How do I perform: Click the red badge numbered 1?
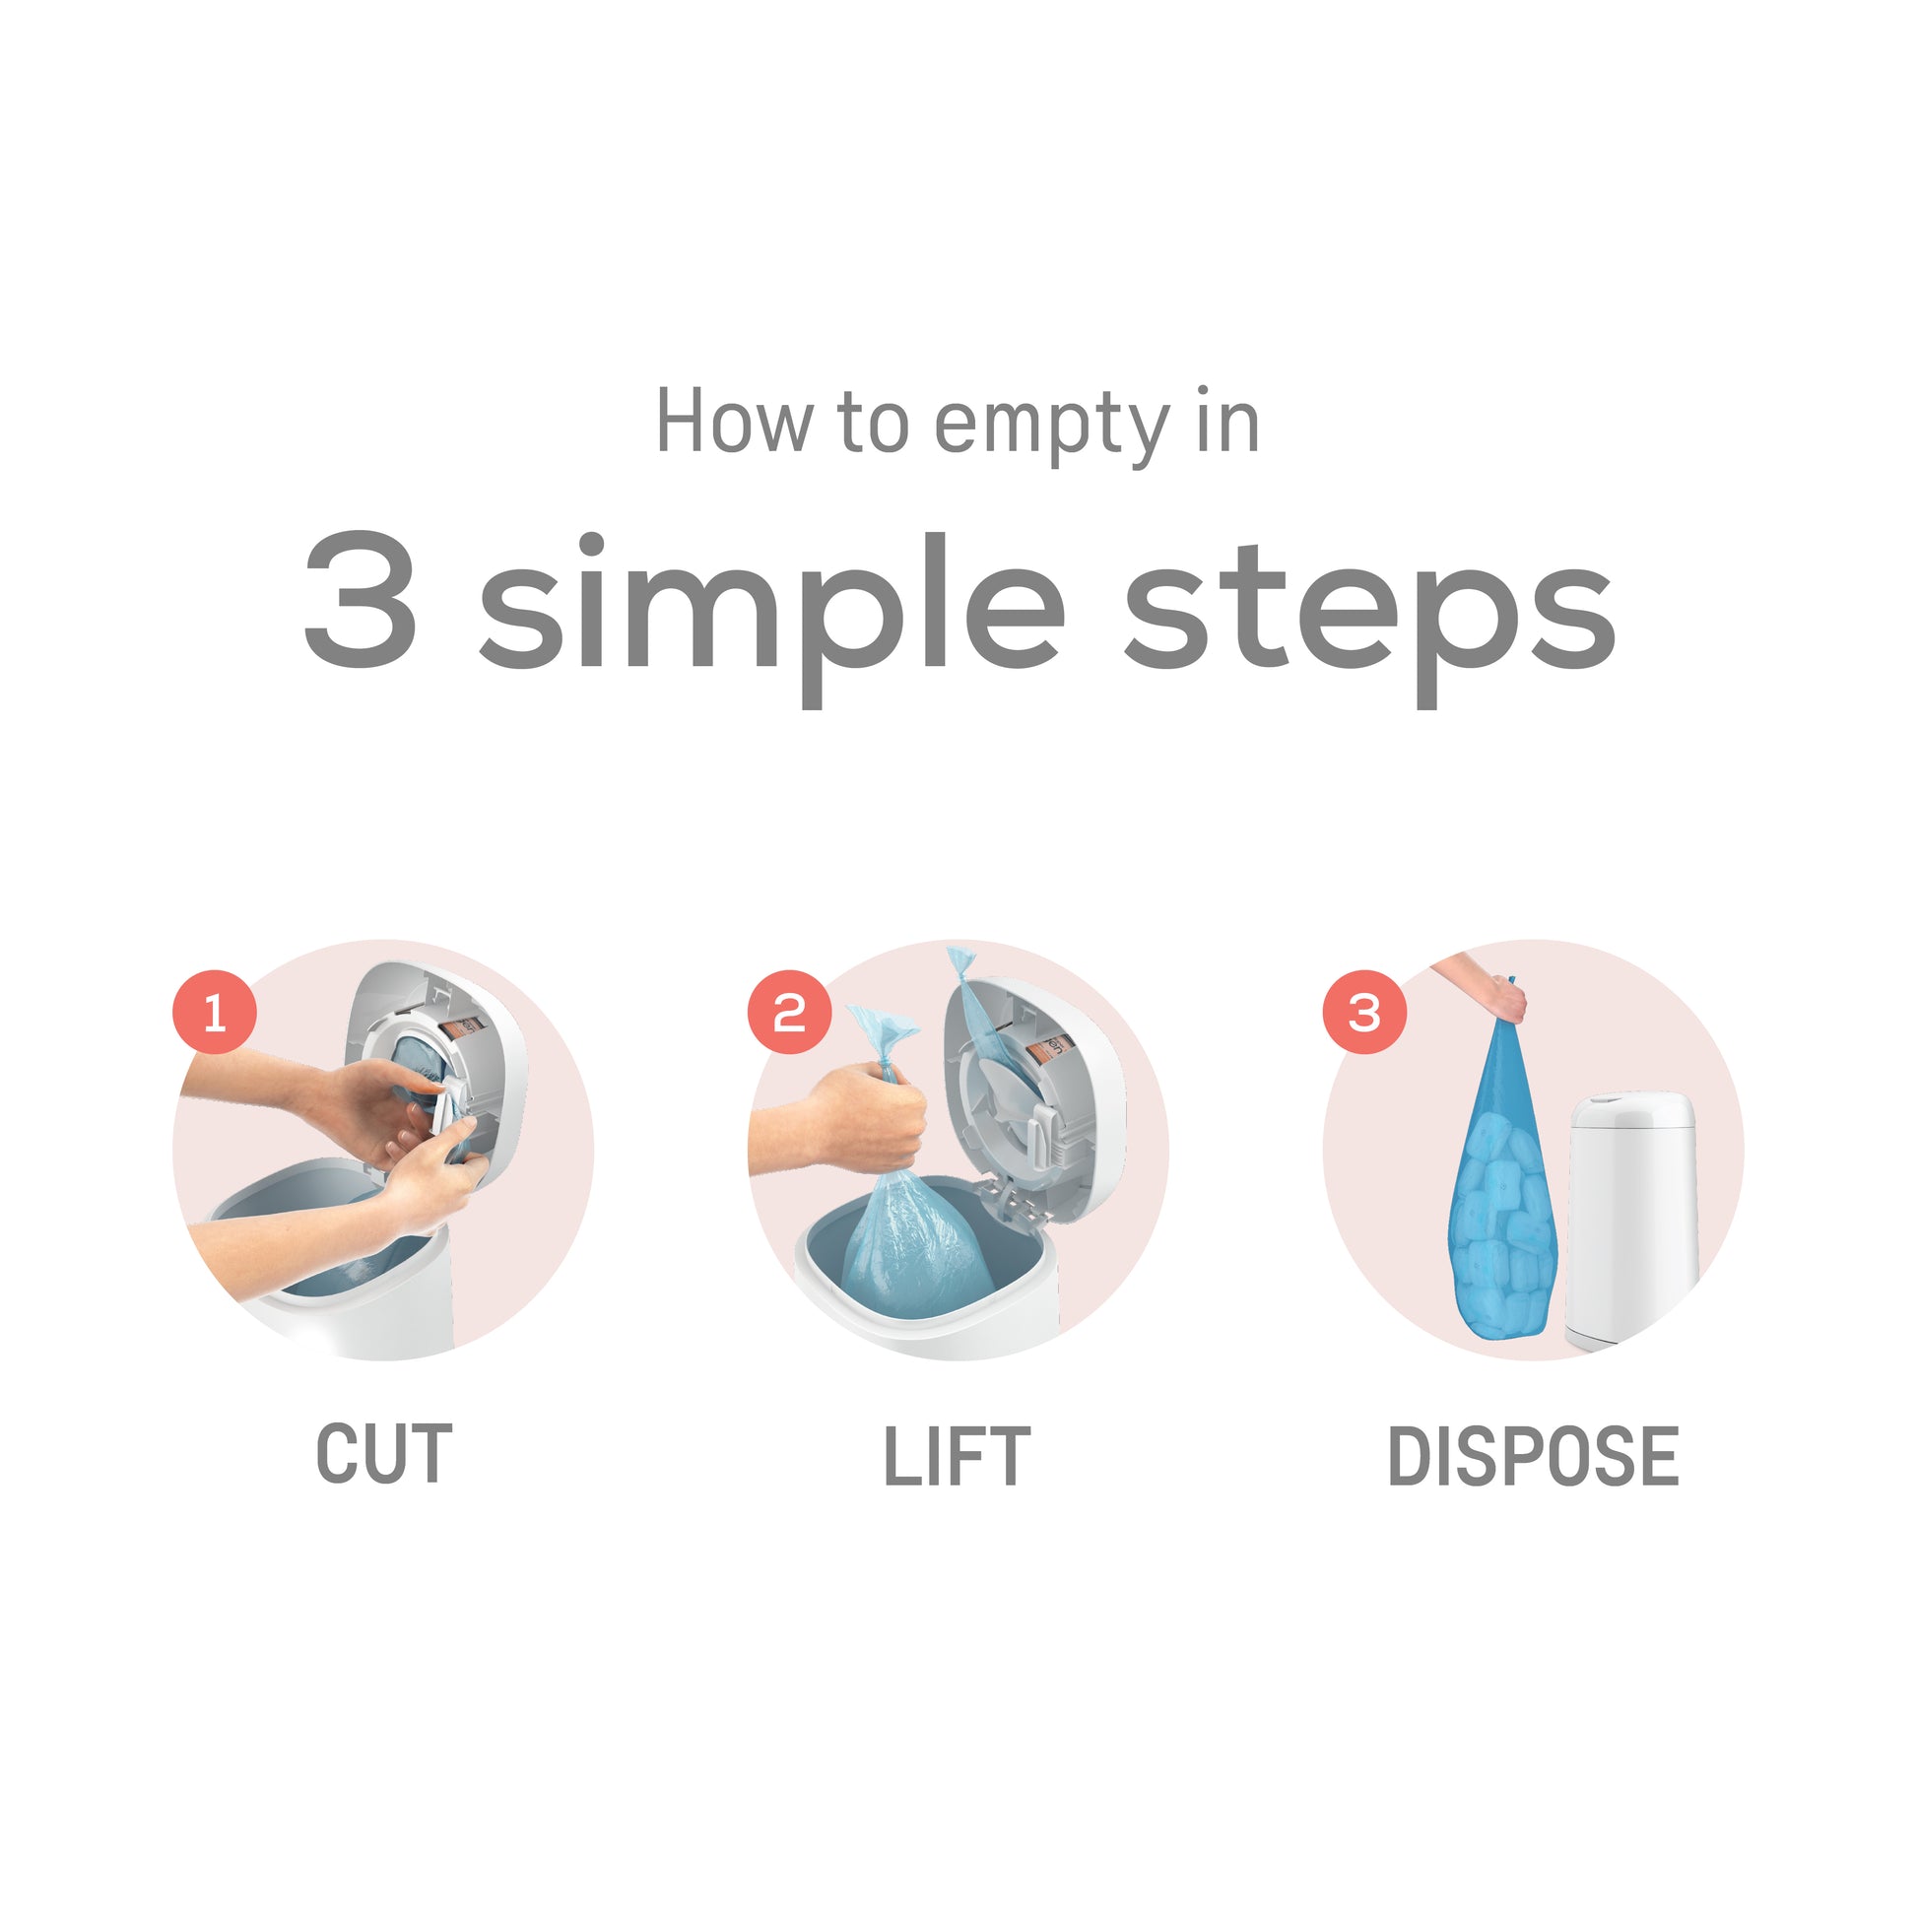tap(216, 1013)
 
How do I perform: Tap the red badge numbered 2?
tap(789, 1013)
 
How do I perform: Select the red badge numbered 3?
tap(1364, 1013)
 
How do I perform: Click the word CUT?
tap(384, 1455)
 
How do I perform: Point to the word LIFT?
tap(958, 1456)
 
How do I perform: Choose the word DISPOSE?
tap(1533, 1456)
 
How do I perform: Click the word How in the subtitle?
tap(732, 422)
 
